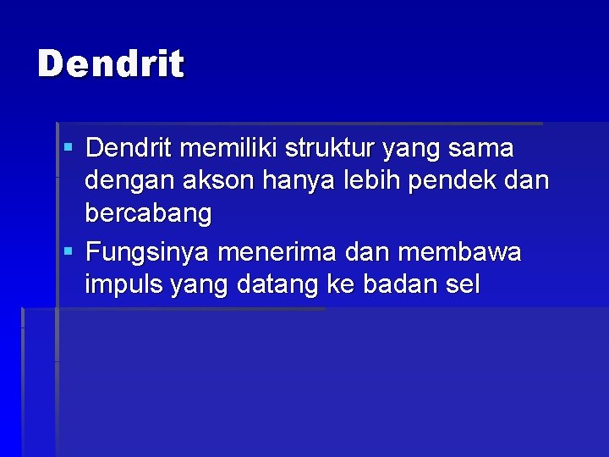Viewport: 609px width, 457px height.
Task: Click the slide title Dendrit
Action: coord(111,64)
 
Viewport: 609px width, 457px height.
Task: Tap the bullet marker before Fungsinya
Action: coord(69,251)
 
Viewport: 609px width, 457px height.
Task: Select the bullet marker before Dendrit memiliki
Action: coord(69,147)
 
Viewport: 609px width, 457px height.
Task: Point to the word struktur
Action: coord(330,149)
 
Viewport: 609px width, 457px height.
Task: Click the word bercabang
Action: coord(148,214)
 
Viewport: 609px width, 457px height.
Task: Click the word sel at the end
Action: coord(462,285)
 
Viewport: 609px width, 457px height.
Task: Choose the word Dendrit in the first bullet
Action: coord(129,149)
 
